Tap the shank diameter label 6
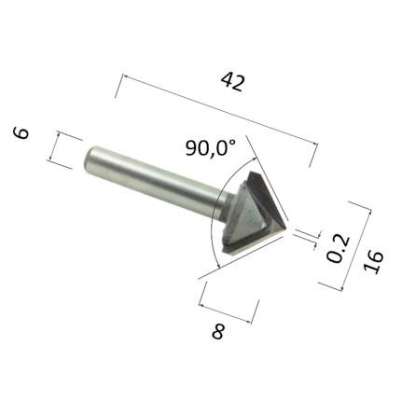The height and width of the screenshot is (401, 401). pos(21,132)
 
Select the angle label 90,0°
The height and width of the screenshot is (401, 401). pos(211,147)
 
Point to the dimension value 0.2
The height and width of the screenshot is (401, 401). pos(339,249)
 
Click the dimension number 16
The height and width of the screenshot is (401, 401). pos(373,262)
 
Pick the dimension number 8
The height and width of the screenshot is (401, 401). pos(218,332)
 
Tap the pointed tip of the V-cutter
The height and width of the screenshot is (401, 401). pos(285,229)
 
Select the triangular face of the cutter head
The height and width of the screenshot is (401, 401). pos(249,214)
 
